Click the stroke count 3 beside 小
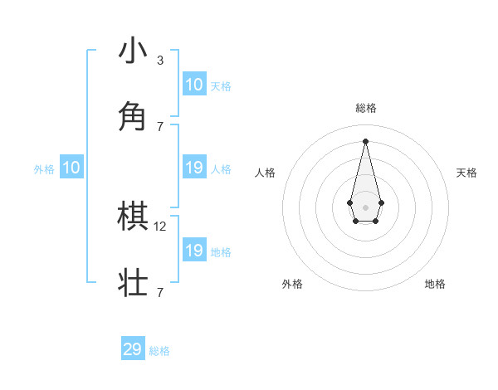(x=159, y=60)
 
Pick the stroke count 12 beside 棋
(x=161, y=226)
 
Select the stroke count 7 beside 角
(x=159, y=126)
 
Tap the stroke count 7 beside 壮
(x=159, y=292)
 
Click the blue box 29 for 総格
(x=133, y=349)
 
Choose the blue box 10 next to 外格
(x=71, y=168)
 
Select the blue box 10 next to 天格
(x=194, y=85)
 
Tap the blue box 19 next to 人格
(x=194, y=168)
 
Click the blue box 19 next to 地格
(x=194, y=251)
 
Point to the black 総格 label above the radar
(x=366, y=108)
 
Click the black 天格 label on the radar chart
(x=467, y=173)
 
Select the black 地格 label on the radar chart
(x=435, y=284)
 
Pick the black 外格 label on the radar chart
(x=292, y=284)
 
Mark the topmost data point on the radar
(x=365, y=141)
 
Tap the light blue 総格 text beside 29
(x=159, y=351)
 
